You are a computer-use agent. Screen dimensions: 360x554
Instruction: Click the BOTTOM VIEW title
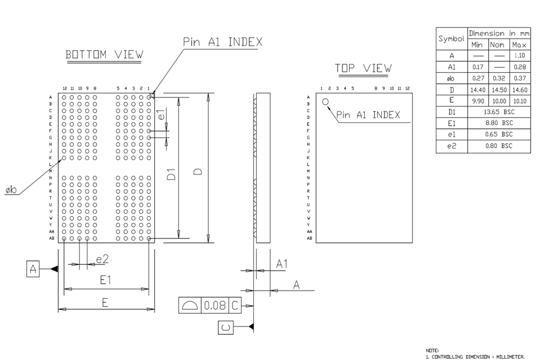pos(104,55)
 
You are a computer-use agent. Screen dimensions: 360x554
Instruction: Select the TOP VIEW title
pos(363,68)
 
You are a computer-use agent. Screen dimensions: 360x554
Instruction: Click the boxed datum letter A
pos(33,269)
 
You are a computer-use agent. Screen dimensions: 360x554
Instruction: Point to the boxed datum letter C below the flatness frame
pos(225,327)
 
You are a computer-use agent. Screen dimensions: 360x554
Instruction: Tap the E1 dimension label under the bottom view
pos(105,280)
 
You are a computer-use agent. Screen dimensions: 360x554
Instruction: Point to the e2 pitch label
pos(103,259)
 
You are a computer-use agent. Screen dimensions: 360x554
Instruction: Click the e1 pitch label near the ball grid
pos(161,115)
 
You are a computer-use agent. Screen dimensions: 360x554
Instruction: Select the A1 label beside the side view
pos(281,264)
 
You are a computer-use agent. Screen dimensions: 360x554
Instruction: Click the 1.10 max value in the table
pos(520,56)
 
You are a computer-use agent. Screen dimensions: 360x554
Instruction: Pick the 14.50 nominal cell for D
pos(497,90)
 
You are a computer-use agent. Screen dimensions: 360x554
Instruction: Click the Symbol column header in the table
pos(451,39)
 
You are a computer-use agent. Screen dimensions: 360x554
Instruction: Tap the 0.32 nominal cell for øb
pos(497,78)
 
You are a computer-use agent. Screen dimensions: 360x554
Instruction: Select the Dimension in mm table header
pos(499,33)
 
